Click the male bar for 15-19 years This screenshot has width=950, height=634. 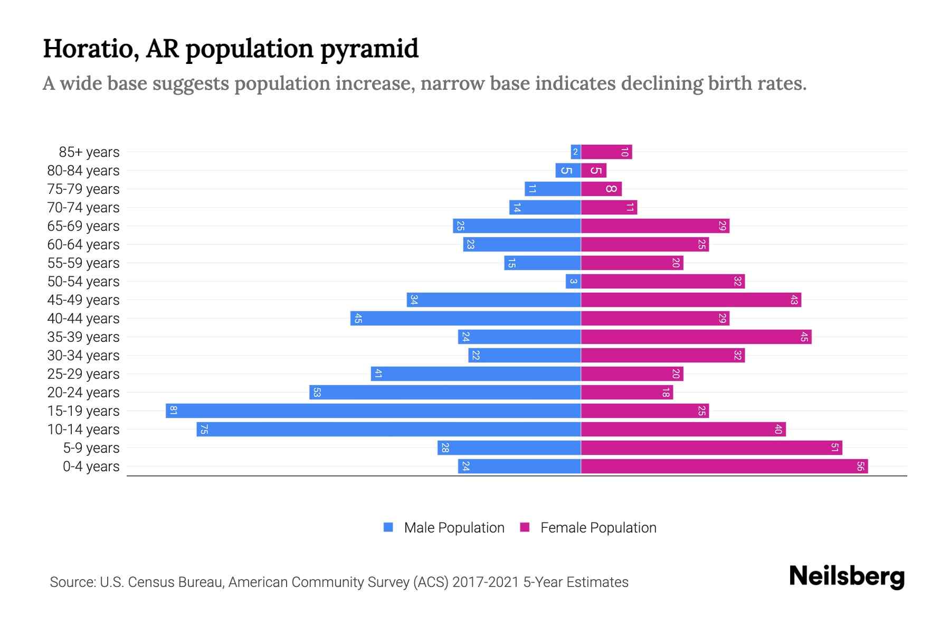[x=373, y=411]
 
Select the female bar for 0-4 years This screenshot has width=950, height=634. [x=724, y=466]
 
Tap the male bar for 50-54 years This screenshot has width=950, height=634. [x=573, y=281]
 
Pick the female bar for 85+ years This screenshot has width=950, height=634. [x=606, y=152]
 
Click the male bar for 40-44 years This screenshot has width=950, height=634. [x=465, y=318]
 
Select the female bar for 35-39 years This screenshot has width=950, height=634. [x=696, y=337]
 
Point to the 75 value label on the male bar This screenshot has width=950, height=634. [x=204, y=430]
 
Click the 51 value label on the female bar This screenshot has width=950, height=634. [x=834, y=447]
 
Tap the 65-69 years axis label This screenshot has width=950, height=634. [x=83, y=226]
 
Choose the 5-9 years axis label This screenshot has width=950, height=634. [x=91, y=448]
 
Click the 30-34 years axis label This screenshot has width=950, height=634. [x=83, y=356]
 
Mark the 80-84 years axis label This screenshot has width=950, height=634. [x=83, y=171]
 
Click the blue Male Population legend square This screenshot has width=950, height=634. [x=388, y=527]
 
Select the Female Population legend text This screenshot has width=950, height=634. [x=598, y=528]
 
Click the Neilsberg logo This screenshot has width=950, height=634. [x=847, y=576]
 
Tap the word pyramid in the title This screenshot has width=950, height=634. [x=369, y=49]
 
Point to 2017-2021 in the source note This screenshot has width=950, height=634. [x=486, y=582]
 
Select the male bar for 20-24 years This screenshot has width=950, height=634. [x=445, y=392]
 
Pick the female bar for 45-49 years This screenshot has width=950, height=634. [x=691, y=300]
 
